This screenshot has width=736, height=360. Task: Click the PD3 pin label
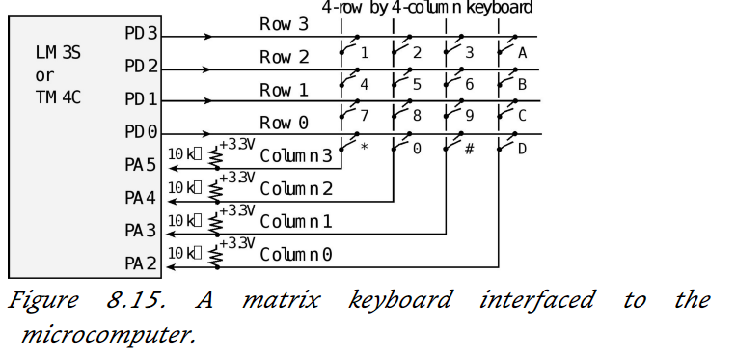click(141, 34)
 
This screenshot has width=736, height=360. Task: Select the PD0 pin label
click(141, 131)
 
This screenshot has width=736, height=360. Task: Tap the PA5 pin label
click(141, 165)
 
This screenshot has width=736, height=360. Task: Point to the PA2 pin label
click(141, 262)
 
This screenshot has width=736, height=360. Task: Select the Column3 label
click(296, 155)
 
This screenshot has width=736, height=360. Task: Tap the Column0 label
click(296, 254)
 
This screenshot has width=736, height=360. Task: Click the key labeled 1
click(365, 52)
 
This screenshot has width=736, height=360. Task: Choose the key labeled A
click(522, 52)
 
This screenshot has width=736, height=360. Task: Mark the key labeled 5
click(417, 85)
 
